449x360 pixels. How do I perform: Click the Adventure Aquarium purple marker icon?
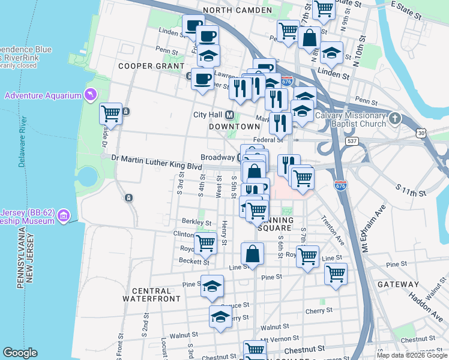(90, 95)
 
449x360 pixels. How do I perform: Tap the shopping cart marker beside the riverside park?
(110, 113)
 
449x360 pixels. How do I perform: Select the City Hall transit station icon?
(229, 115)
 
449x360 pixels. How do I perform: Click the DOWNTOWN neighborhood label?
(234, 127)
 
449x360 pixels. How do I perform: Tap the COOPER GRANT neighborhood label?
(151, 65)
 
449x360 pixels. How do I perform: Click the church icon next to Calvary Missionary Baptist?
(394, 118)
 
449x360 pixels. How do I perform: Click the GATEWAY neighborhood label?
(399, 284)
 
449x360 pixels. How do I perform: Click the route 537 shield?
(353, 140)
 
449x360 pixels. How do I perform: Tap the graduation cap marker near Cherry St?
(221, 316)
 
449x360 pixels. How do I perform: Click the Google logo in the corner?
(20, 353)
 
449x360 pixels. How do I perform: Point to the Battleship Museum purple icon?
(65, 215)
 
